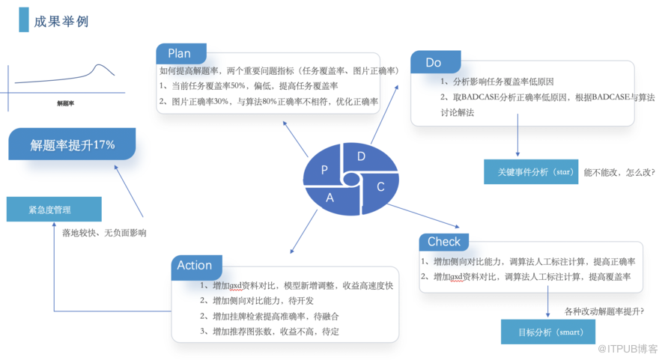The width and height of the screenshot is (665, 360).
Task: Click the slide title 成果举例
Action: (61, 22)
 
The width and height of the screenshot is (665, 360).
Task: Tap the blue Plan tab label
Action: (180, 54)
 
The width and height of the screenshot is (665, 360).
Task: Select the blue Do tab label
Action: (434, 63)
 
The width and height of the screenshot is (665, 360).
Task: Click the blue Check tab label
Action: (444, 242)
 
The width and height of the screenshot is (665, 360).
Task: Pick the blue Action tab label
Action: (195, 266)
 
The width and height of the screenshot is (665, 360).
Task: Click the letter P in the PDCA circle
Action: (324, 170)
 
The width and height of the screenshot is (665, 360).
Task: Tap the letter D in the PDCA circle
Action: (361, 156)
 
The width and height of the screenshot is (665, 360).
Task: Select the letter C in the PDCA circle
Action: (380, 186)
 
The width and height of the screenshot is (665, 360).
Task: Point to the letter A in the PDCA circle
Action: (330, 198)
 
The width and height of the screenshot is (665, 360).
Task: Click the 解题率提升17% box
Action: (73, 145)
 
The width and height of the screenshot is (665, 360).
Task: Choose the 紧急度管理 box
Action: (54, 210)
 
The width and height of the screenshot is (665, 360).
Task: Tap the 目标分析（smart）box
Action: (542, 332)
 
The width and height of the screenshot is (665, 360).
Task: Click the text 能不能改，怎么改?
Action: (619, 172)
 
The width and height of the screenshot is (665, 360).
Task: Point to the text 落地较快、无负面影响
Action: (104, 233)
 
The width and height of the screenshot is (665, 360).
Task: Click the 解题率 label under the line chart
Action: (65, 103)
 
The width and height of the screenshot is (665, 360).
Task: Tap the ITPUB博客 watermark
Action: (627, 348)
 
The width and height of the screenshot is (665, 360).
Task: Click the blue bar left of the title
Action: (24, 21)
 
